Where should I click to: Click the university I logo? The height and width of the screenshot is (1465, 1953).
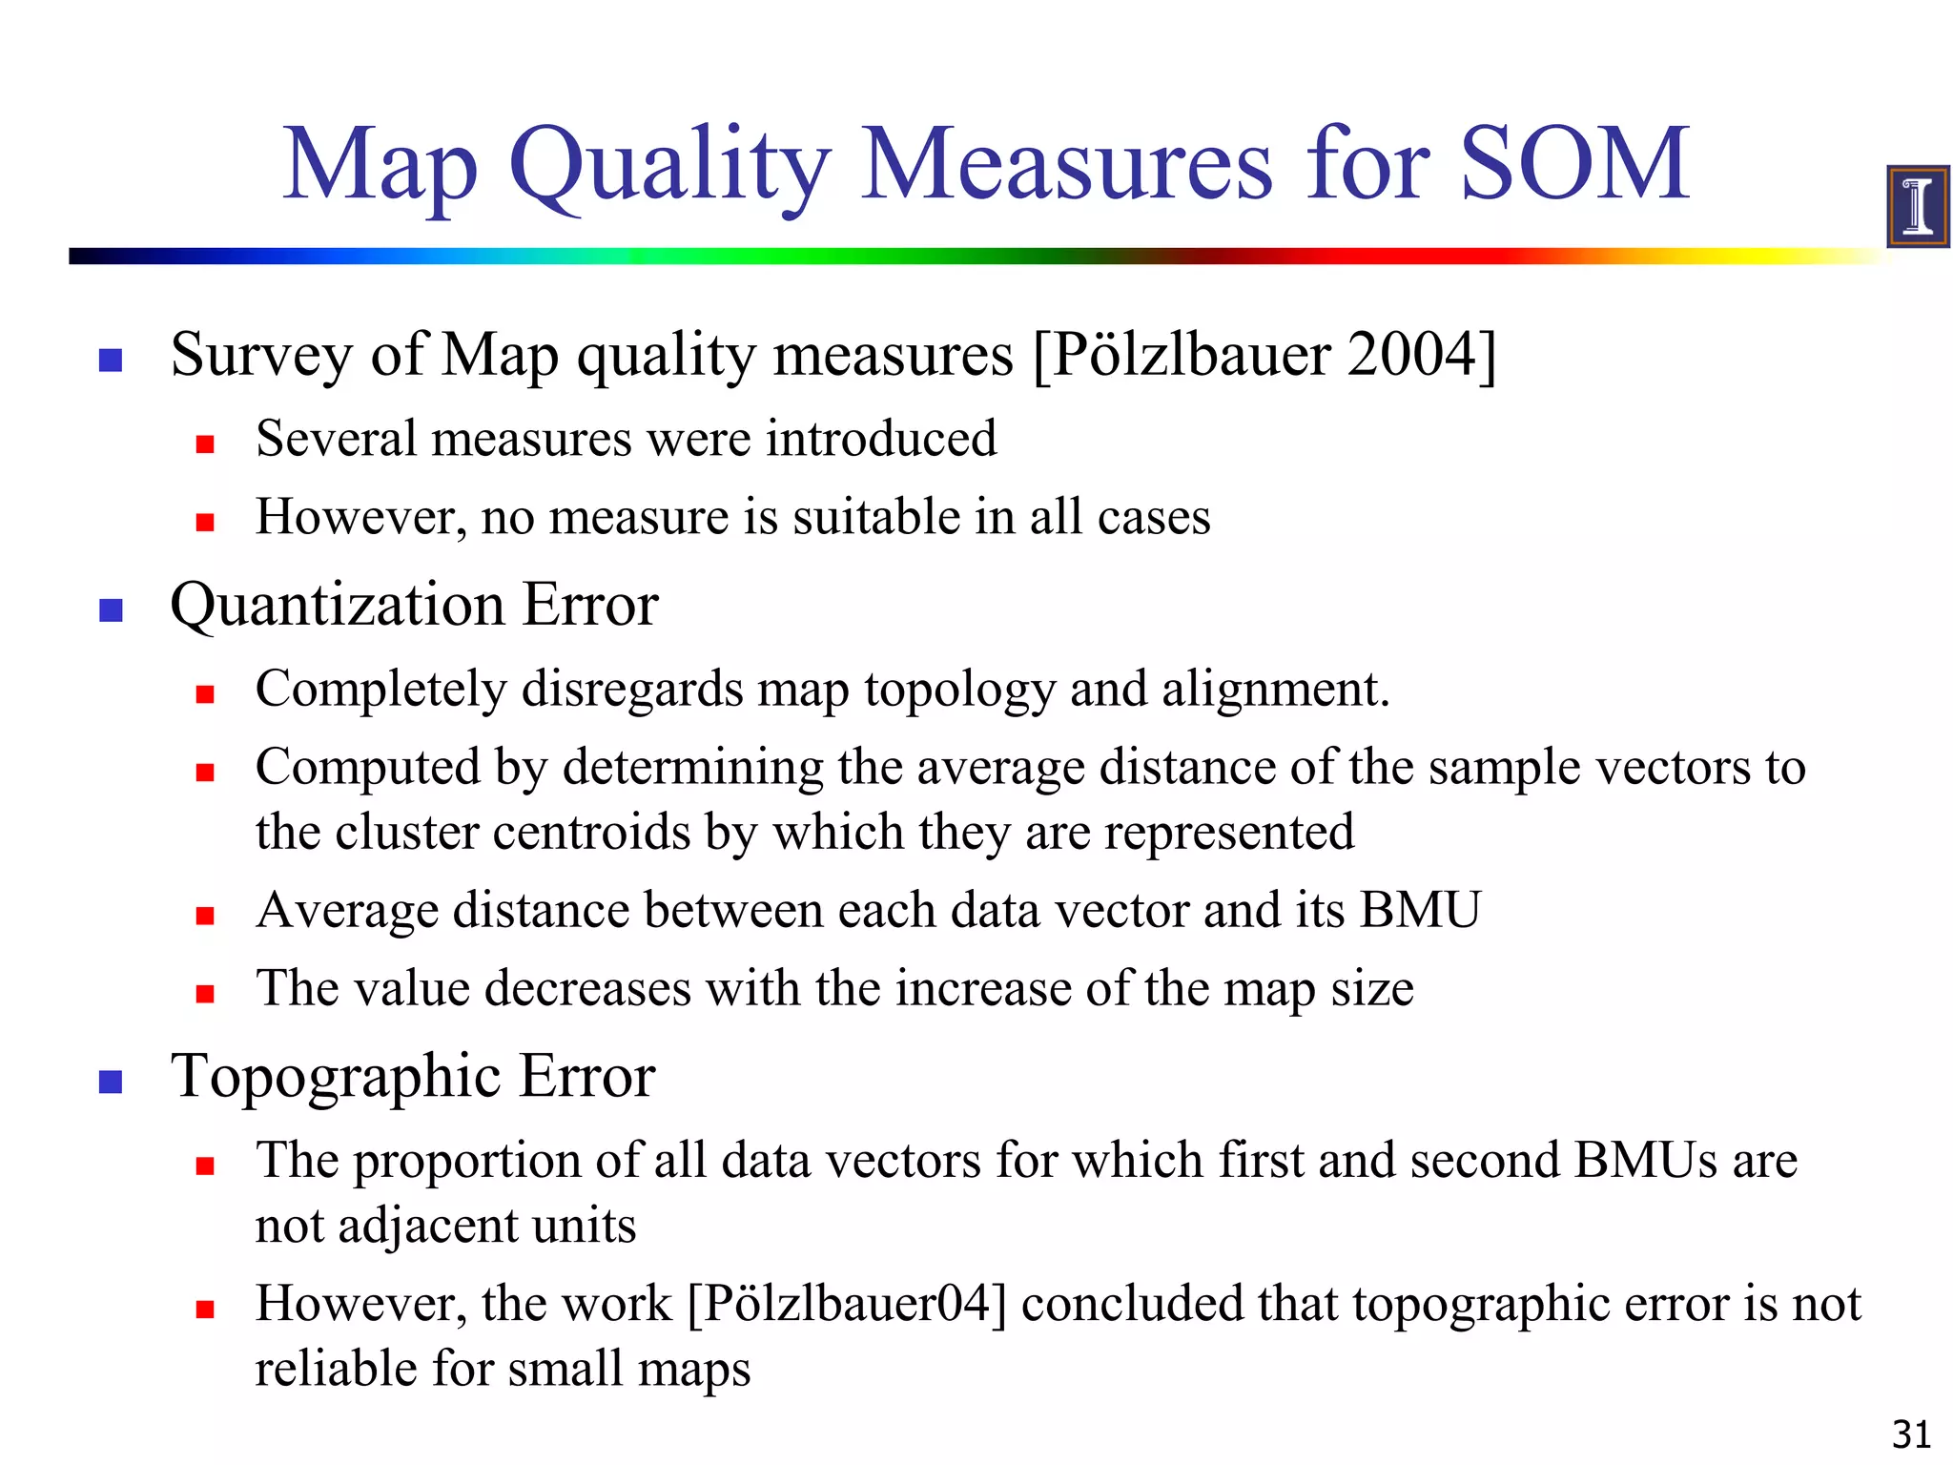point(1917,206)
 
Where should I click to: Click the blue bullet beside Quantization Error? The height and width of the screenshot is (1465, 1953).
point(112,610)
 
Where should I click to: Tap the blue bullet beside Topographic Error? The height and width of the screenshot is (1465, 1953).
point(112,1082)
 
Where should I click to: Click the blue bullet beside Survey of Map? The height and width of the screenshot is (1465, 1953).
point(112,360)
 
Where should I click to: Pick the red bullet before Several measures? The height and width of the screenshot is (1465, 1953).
point(205,444)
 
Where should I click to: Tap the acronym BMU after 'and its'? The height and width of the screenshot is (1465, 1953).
point(1420,909)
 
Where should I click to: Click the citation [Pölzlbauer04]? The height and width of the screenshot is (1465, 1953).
point(847,1304)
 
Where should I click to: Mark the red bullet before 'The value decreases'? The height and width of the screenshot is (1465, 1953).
point(205,994)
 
